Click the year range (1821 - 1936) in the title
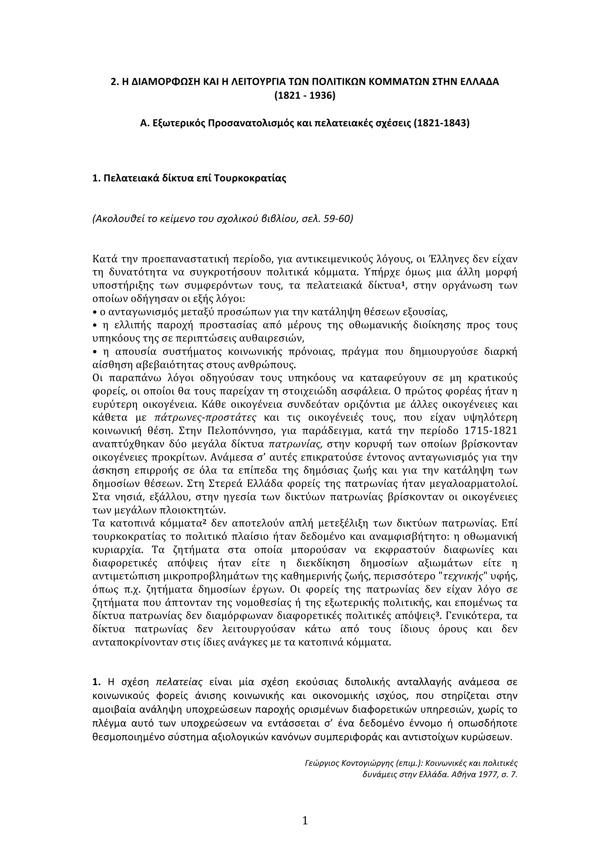[305, 96]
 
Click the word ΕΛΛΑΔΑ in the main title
[480, 81]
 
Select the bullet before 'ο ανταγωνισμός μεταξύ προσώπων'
[94, 312]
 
